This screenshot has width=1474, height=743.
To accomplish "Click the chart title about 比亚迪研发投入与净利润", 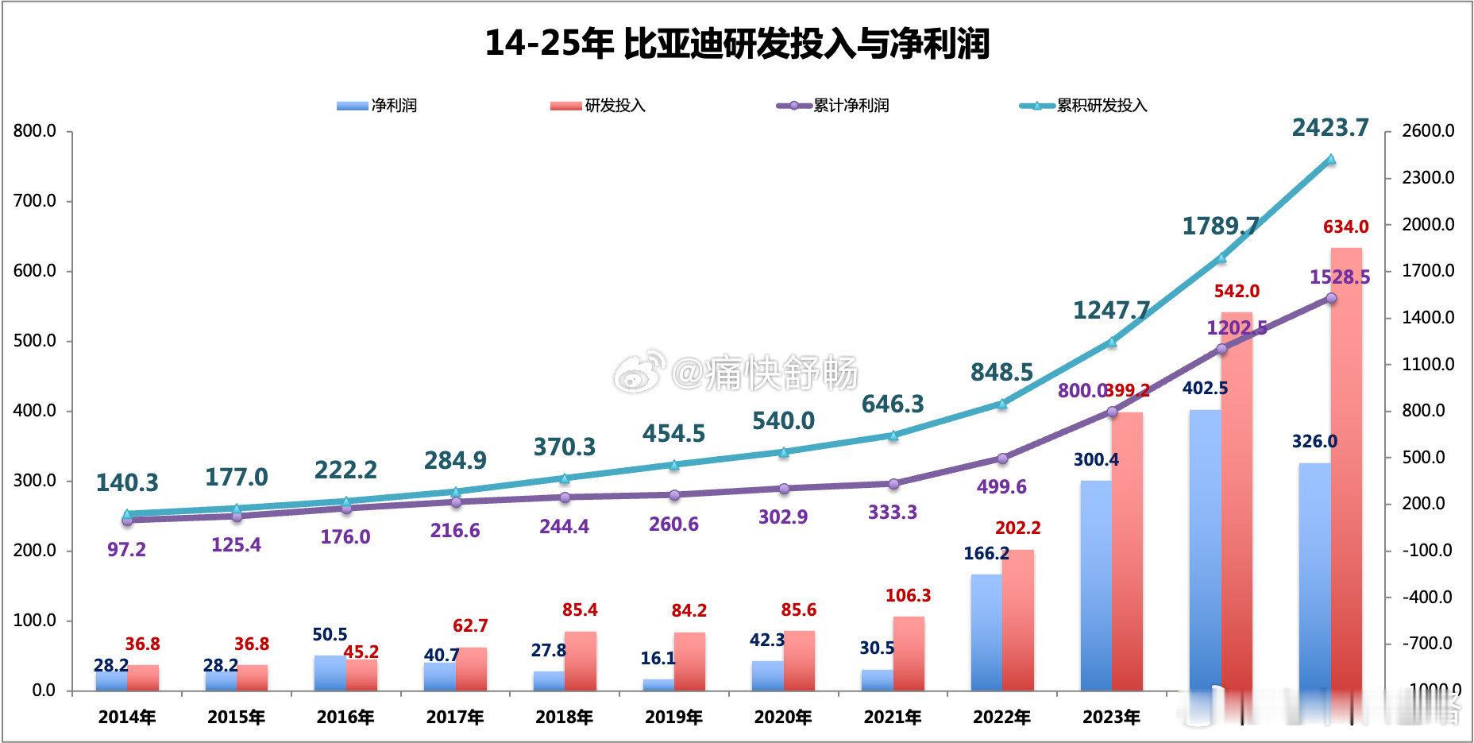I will coord(737,43).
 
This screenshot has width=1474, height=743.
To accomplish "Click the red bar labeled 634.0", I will coord(1346,469).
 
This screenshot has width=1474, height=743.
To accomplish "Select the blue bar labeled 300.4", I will coord(1096,585).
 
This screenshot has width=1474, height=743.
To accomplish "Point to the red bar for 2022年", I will coord(1018,620).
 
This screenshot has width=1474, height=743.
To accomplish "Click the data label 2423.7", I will coord(1330,127).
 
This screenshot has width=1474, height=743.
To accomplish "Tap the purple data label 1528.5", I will coord(1339,277).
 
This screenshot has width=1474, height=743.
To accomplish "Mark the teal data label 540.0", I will coord(783,420).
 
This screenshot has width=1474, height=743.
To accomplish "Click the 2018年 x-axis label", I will coord(564,718).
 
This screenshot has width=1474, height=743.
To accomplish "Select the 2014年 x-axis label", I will coord(127,718).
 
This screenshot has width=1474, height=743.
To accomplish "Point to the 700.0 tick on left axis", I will coord(35,201).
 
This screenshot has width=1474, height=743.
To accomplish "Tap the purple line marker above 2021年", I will coord(893,483).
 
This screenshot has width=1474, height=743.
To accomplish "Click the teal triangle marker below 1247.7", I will coord(1112,342).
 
